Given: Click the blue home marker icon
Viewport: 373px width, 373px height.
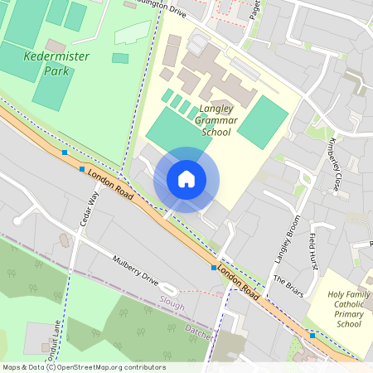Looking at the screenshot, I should (x=186, y=179).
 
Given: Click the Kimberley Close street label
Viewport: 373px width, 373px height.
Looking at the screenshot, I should (x=336, y=163).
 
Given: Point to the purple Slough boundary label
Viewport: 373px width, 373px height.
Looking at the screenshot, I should (x=172, y=304).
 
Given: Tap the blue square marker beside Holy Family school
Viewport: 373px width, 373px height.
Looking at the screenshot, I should (x=312, y=335).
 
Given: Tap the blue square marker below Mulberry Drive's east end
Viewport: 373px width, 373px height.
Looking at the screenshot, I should (x=214, y=268).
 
